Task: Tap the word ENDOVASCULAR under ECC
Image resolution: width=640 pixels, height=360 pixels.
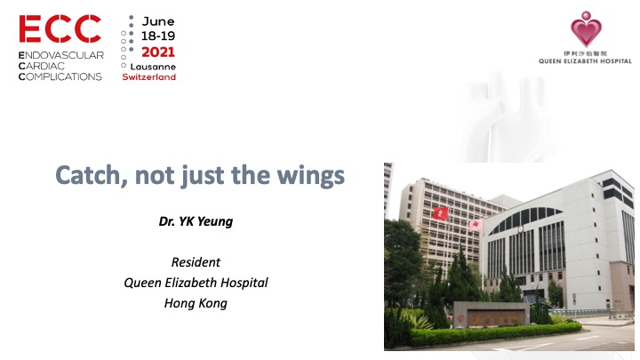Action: tap(61, 55)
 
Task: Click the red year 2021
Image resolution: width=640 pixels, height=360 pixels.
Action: tap(158, 52)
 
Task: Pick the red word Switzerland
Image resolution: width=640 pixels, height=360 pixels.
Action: tap(148, 76)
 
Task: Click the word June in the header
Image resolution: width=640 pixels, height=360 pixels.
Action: tap(158, 20)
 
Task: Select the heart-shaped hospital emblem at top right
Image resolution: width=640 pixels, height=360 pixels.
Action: tap(585, 29)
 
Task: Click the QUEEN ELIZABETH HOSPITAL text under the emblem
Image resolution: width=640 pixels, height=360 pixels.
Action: tap(585, 61)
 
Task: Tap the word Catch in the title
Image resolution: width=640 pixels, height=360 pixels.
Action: tap(86, 176)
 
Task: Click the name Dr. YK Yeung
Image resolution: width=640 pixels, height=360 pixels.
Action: tap(196, 221)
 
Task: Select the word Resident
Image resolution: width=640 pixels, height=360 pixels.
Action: tap(196, 262)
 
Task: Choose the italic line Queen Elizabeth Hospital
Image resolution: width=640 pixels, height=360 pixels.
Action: tap(196, 283)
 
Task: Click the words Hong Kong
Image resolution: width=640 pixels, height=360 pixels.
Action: tap(196, 303)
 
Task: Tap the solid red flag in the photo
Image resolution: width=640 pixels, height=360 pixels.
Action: tap(438, 213)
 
